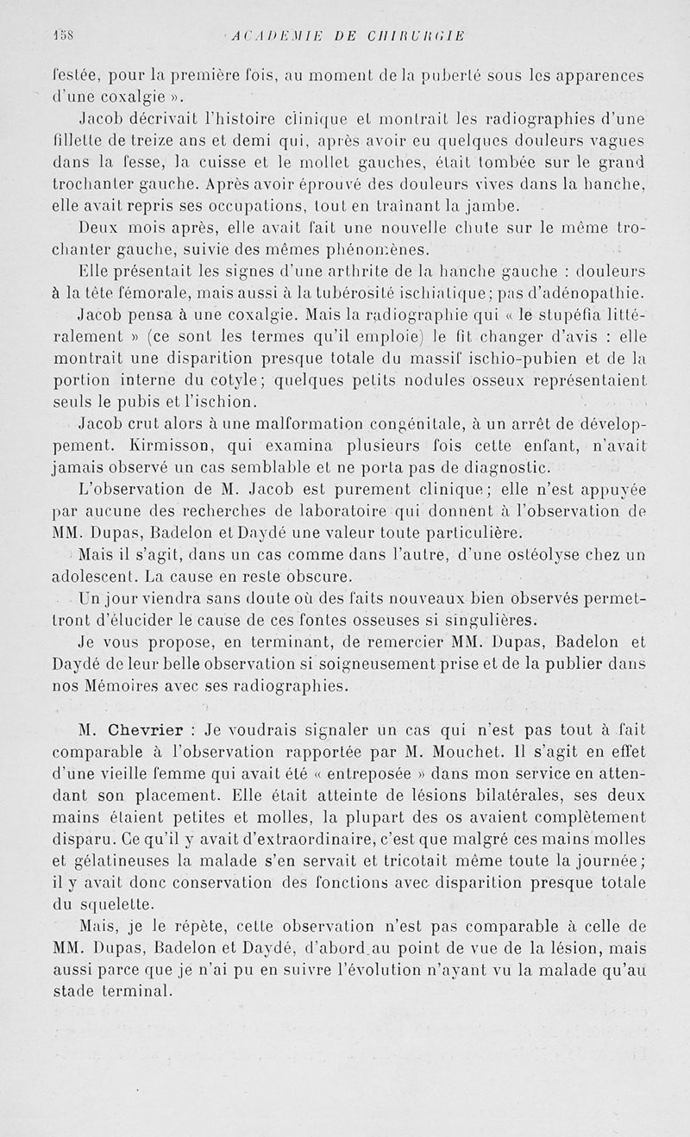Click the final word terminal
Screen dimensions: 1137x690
pyautogui.click(x=138, y=990)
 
